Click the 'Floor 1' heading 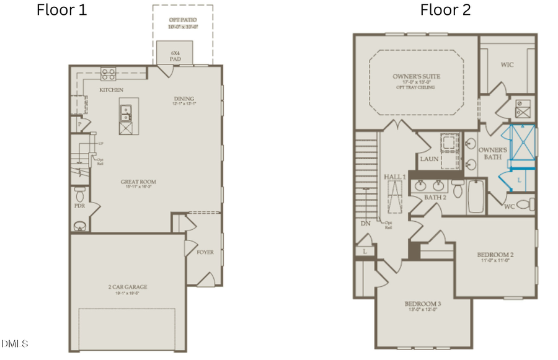tap(62, 10)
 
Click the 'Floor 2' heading tap(445, 10)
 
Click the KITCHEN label tap(111, 90)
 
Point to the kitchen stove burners tap(108, 73)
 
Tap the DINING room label tap(184, 99)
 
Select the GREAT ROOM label tap(138, 182)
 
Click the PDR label tap(79, 205)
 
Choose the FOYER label tap(205, 252)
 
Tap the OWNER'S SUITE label tap(417, 77)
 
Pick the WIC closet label tap(508, 64)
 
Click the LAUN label tap(429, 159)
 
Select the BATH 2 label tap(435, 197)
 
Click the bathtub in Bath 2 tap(476, 195)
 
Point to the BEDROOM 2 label tap(495, 255)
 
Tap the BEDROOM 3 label tap(422, 304)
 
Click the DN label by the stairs tap(366, 223)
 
